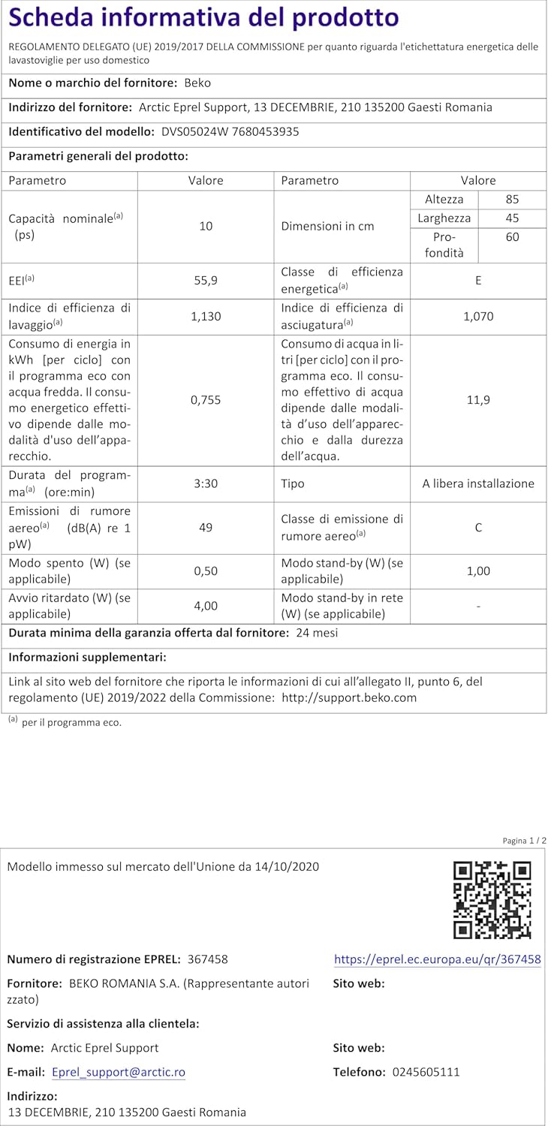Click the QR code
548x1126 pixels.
pyautogui.click(x=492, y=899)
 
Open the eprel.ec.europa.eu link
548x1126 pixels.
pyautogui.click(x=437, y=959)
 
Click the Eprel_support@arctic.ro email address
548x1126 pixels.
pyautogui.click(x=119, y=1072)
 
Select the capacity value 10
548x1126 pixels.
pyautogui.click(x=206, y=226)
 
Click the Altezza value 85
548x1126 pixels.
pyautogui.click(x=513, y=200)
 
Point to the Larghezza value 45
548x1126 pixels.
pyautogui.click(x=513, y=218)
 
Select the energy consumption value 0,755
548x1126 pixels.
pyautogui.click(x=206, y=400)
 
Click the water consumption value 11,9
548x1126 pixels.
pyautogui.click(x=478, y=400)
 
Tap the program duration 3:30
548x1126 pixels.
pyautogui.click(x=206, y=483)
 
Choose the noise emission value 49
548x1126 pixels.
pyautogui.click(x=206, y=527)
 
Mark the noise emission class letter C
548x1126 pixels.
pyautogui.click(x=478, y=527)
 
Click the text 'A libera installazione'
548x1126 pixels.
pyautogui.click(x=478, y=483)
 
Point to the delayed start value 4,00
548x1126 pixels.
pyautogui.click(x=206, y=605)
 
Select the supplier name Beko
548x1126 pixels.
pyautogui.click(x=197, y=83)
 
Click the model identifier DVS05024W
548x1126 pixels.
pyautogui.click(x=193, y=131)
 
